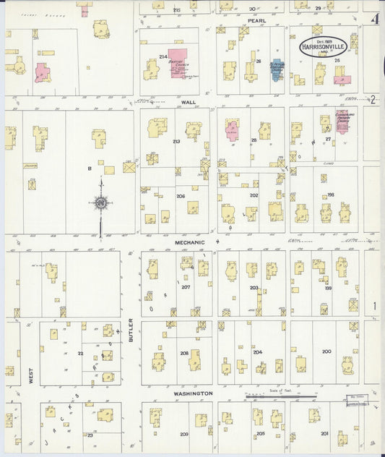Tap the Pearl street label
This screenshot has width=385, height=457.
pos(257,21)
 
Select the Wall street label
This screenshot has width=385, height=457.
pos(189,103)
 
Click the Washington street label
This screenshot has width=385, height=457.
pos(191,393)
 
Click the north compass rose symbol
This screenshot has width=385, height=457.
pos(100,202)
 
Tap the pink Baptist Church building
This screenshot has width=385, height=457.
pos(178,62)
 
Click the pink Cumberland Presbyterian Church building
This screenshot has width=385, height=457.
pos(342,121)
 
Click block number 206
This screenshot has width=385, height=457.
pos(181,196)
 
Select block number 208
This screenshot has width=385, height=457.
pos(184,353)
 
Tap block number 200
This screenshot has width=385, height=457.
pos(326,351)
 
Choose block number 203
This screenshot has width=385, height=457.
pos(254,287)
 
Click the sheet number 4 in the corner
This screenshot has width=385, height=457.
pos(375,20)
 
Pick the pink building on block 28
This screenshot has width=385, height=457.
pos(232,132)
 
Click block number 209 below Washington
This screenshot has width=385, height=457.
pos(184,434)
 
